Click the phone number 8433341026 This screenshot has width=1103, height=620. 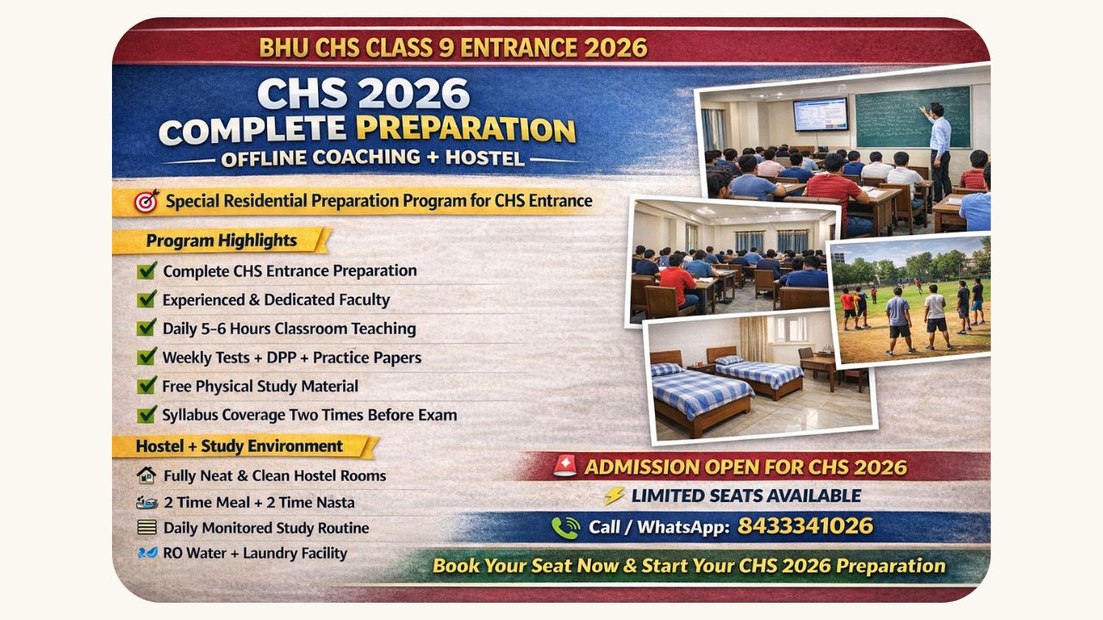coord(805,526)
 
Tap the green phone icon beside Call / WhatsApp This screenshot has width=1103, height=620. coord(565,528)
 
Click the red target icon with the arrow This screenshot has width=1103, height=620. coord(146,201)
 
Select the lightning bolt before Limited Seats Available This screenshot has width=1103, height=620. coord(614,495)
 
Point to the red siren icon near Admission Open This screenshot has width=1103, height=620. coord(564,466)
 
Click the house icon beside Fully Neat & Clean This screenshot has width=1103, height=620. coord(146,475)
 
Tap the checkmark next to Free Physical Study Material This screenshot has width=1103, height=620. coord(146,385)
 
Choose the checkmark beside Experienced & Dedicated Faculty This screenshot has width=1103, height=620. coord(146,299)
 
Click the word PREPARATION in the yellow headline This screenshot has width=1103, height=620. coord(465,129)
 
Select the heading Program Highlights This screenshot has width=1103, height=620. coord(221,240)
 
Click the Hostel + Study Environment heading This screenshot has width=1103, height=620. coord(240,446)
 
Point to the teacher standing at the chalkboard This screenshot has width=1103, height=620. coord(939,151)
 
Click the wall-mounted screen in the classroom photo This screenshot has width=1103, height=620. coord(820,115)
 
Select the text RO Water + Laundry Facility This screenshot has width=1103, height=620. coord(255,553)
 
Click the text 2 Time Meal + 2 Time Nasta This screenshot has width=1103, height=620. coord(259,502)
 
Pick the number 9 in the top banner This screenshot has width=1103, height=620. coord(446,47)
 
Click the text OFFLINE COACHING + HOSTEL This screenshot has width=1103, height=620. coord(373,158)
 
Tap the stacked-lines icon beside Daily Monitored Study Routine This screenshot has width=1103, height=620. coord(146,528)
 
